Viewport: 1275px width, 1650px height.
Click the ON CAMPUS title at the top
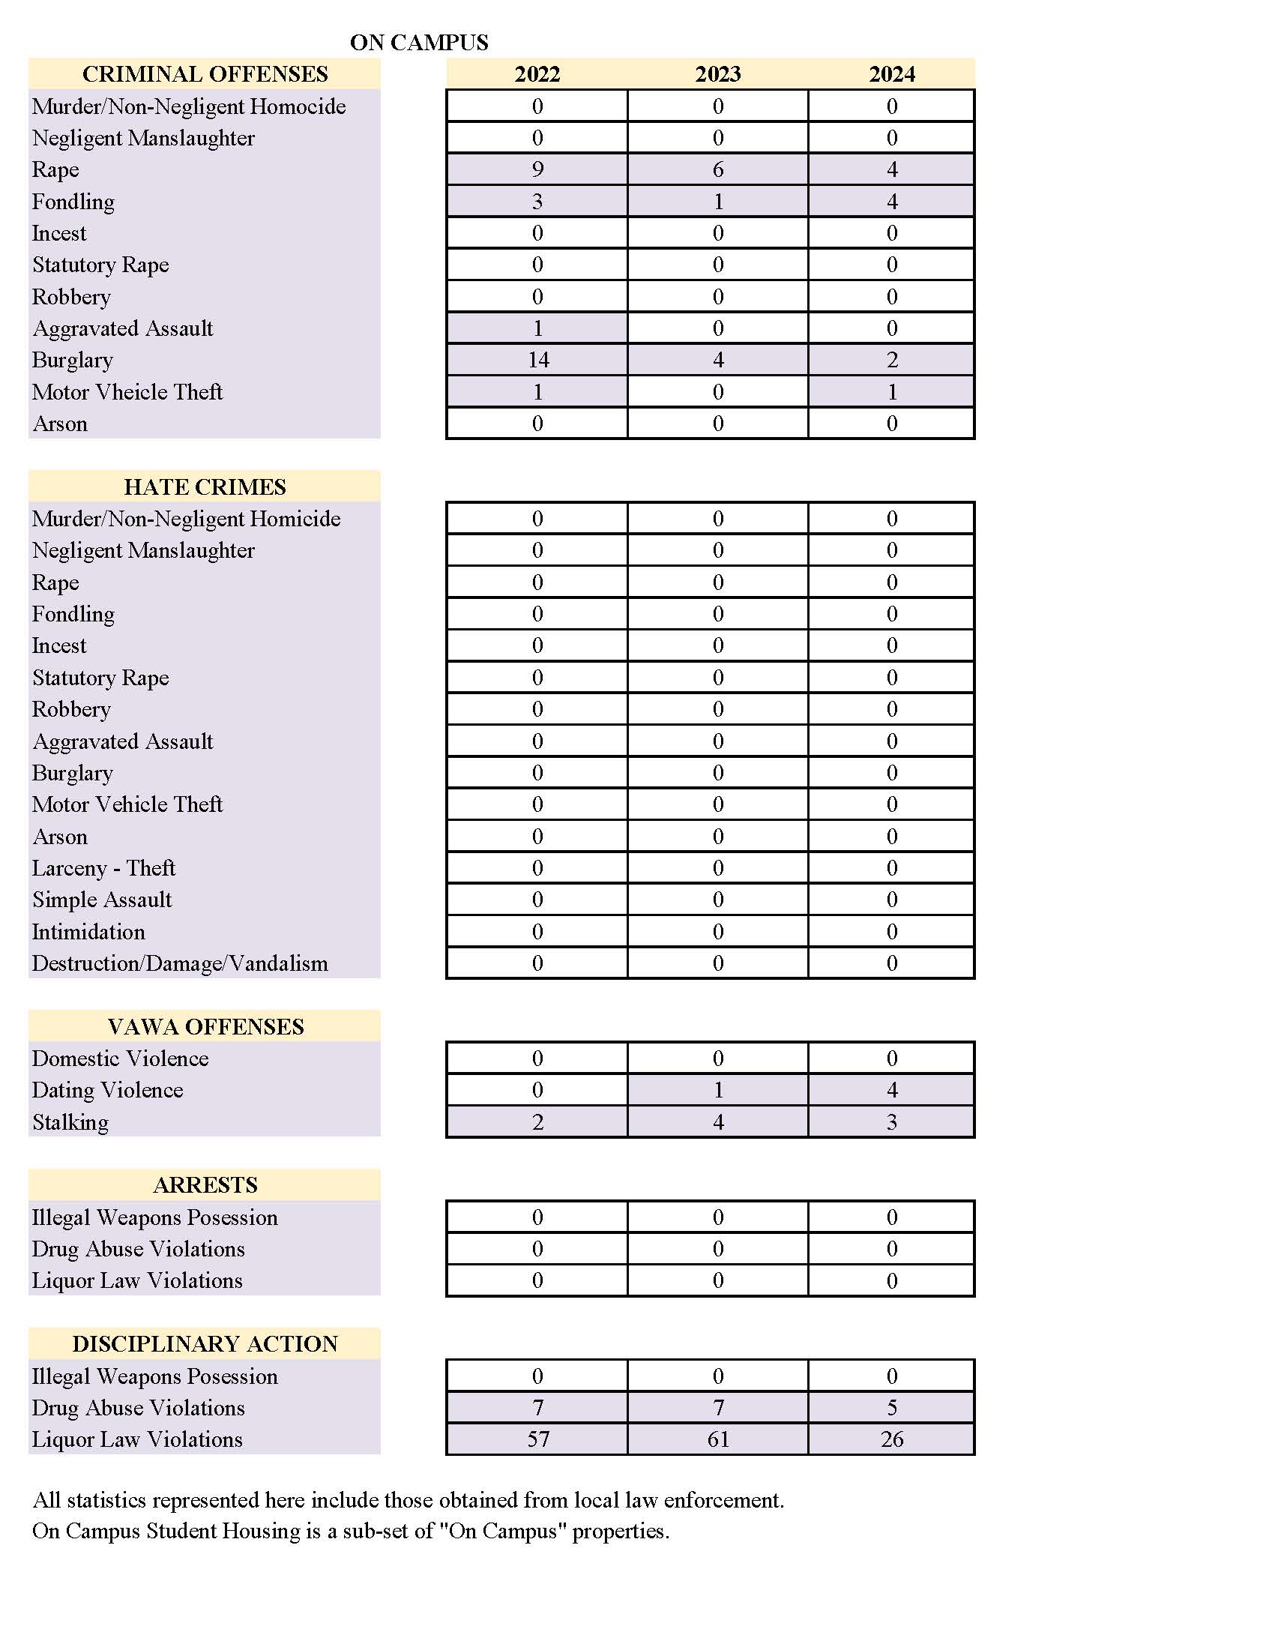click(418, 42)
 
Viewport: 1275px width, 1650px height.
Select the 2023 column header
click(717, 74)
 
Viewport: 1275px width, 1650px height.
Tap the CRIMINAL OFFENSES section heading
click(205, 74)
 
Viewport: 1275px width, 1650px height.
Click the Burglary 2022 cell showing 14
click(537, 360)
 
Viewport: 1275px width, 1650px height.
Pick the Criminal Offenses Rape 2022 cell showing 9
click(537, 169)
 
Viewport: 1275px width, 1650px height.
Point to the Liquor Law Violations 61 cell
click(717, 1439)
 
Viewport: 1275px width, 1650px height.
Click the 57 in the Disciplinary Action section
click(537, 1439)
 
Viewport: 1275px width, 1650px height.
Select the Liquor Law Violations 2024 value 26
click(891, 1439)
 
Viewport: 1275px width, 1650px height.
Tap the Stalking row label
click(70, 1122)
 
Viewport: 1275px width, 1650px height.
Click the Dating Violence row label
click(107, 1089)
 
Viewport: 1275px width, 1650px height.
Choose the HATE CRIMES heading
click(205, 487)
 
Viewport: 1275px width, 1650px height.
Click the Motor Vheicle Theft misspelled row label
click(127, 391)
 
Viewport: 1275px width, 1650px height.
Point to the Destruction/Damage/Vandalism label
click(180, 963)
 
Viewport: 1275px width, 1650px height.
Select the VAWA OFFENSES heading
click(205, 1026)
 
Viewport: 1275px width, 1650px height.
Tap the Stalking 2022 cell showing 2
click(537, 1122)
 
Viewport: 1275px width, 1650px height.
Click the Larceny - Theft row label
click(103, 868)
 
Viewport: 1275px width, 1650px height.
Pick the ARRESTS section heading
click(205, 1184)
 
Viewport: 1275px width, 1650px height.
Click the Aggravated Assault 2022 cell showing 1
click(537, 328)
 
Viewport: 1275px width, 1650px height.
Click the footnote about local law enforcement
click(408, 1499)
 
